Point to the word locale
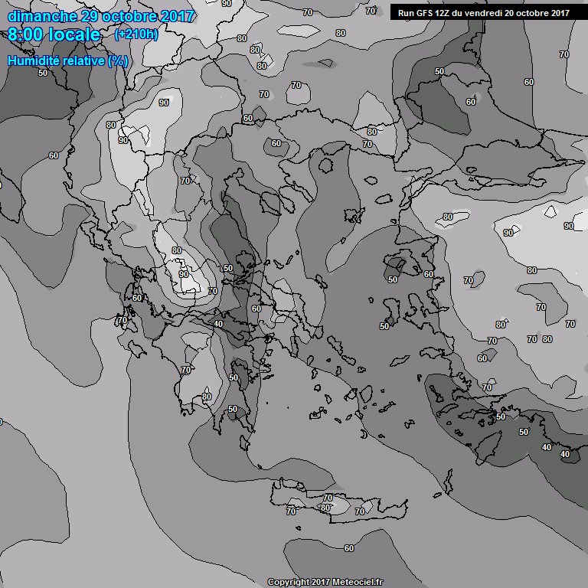click(74, 35)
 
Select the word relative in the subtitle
click(84, 60)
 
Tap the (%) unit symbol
click(118, 60)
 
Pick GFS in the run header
click(426, 12)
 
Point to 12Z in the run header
click(446, 12)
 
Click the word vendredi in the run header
click(487, 12)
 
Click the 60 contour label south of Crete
click(349, 548)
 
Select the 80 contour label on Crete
click(326, 507)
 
